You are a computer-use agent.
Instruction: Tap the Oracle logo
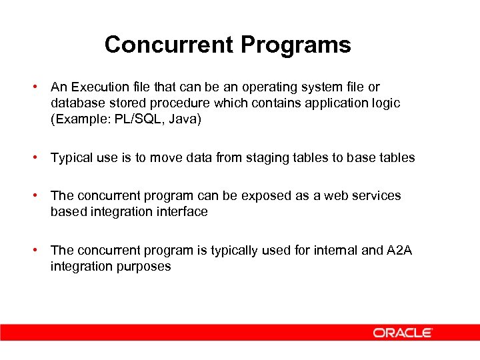[403, 332]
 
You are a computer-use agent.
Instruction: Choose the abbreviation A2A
[399, 251]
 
